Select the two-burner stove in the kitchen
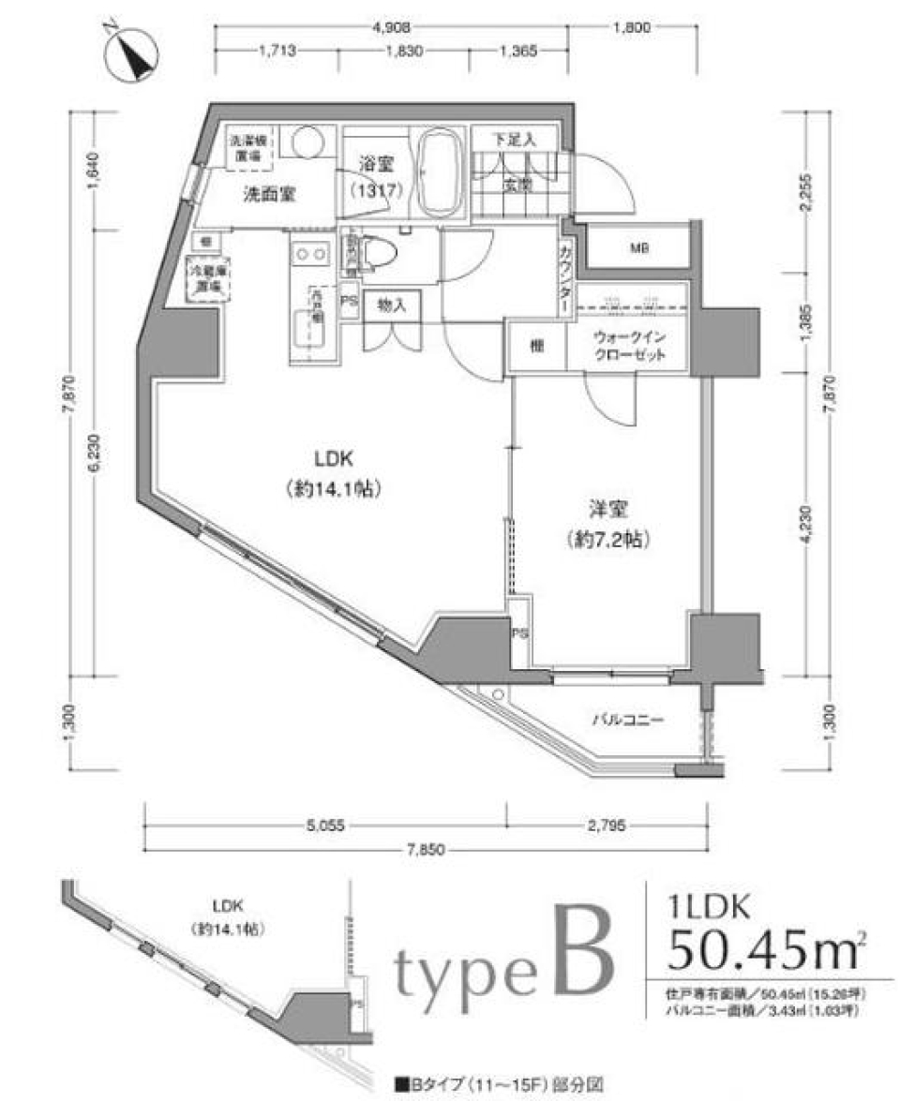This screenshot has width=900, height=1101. (x=310, y=254)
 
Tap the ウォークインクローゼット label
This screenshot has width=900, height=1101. (x=629, y=347)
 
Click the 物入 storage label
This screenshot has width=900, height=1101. (x=391, y=306)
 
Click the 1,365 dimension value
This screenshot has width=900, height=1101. (x=517, y=52)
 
